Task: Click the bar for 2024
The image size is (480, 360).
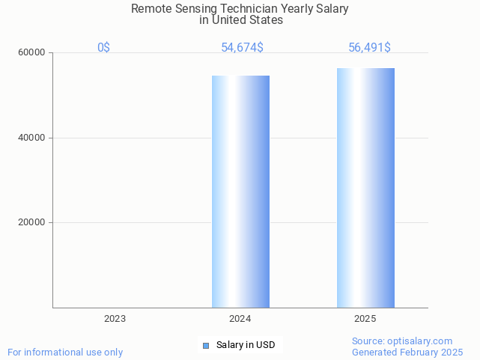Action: pos(240,191)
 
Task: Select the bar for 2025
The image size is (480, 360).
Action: pos(365,187)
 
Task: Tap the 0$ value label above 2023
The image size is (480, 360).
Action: pos(103,48)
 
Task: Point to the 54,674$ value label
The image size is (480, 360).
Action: pos(242,48)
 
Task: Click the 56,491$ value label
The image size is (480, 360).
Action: pos(369,48)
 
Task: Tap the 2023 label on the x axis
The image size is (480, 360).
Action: pos(115,319)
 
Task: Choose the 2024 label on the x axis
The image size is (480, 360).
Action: pos(240,319)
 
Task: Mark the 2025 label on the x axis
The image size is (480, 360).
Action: pos(365,319)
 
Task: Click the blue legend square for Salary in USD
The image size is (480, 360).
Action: pos(206,345)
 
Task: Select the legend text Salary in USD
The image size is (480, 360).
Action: pos(246,345)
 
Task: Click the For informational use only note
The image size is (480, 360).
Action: pos(65,352)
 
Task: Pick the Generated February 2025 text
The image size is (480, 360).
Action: pos(407,352)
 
